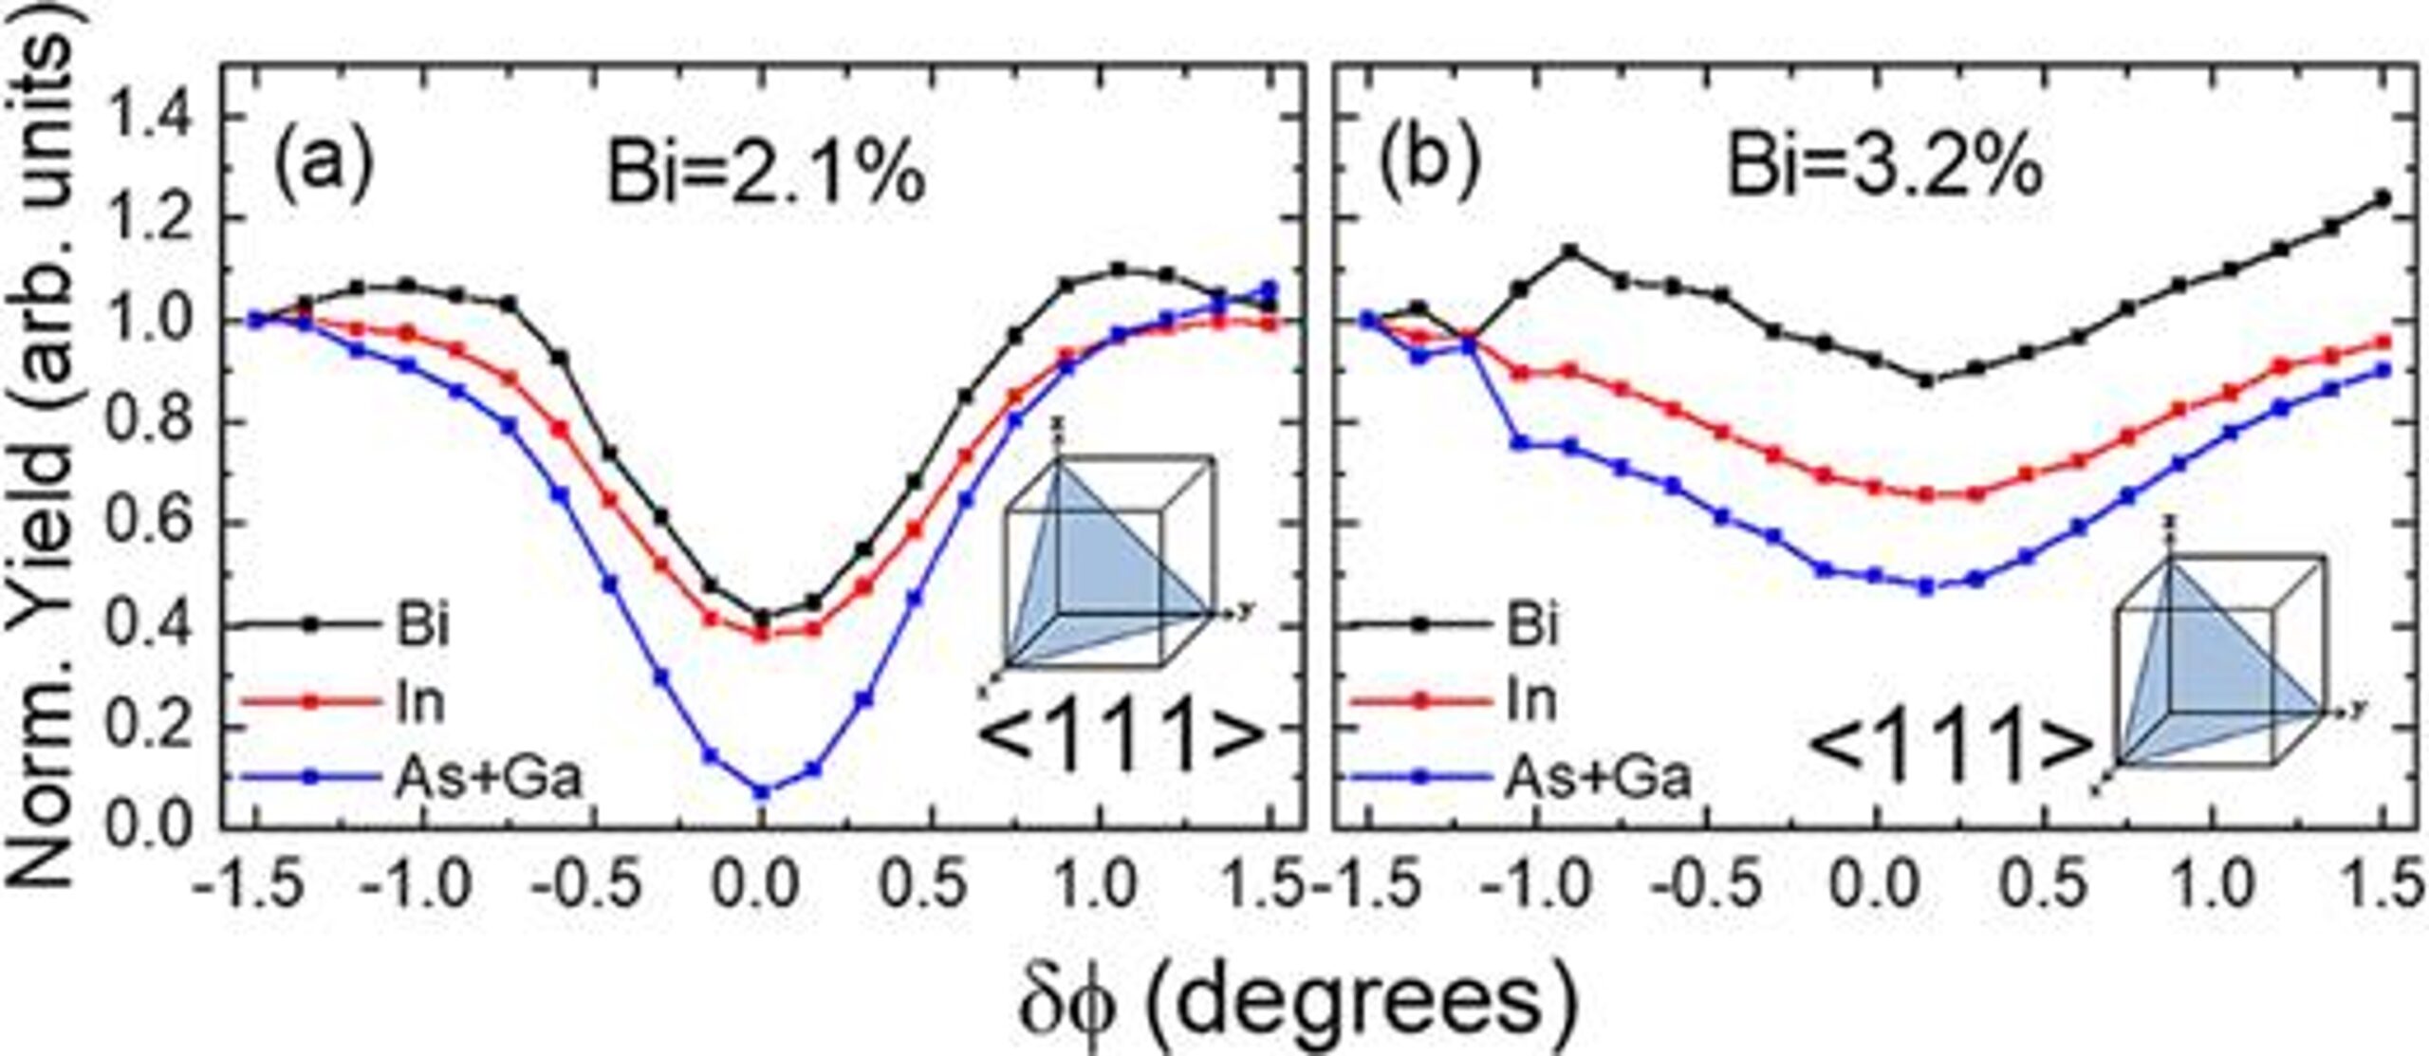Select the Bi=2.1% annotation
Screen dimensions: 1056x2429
pos(765,175)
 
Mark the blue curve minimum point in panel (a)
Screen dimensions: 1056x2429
pos(762,791)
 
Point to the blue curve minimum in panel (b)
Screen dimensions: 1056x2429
pos(1926,588)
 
